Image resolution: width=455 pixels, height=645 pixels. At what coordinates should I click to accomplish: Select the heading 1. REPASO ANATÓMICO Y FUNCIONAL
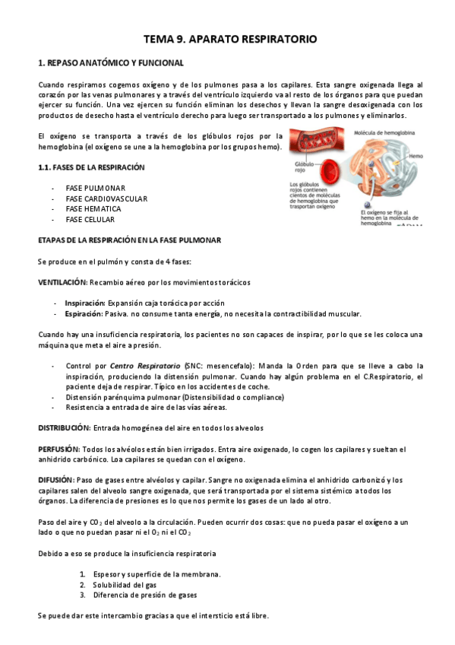click(111, 62)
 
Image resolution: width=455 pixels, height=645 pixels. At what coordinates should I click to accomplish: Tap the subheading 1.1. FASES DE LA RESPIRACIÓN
click(91, 167)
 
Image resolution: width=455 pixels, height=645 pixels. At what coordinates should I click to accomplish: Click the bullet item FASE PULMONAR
click(96, 188)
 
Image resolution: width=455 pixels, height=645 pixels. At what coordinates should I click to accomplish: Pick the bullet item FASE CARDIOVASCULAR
click(106, 199)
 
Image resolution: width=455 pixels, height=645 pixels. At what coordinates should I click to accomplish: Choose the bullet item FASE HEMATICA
click(93, 209)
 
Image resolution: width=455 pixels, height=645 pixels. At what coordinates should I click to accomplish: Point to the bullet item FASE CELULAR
click(90, 220)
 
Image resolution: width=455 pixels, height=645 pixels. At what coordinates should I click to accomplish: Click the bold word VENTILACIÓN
click(64, 282)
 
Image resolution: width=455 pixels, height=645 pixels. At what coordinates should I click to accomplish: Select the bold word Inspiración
click(84, 303)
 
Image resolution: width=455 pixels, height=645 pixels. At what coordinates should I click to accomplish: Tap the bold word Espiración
click(84, 313)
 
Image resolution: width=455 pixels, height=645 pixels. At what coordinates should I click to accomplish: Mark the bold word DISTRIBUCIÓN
click(65, 428)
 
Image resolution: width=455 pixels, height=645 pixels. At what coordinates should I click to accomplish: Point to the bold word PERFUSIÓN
click(59, 450)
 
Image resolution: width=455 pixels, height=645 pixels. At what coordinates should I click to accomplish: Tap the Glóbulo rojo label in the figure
click(304, 167)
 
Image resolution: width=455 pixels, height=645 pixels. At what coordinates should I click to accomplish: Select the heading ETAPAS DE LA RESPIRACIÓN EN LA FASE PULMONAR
click(130, 240)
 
